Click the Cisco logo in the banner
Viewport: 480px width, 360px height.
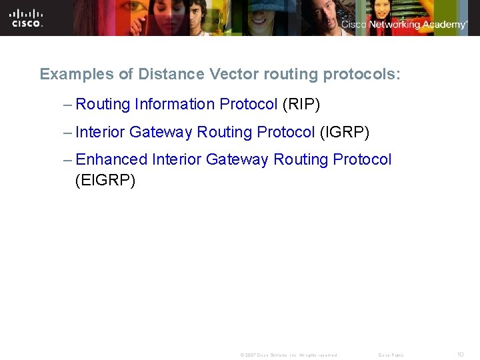click(27, 18)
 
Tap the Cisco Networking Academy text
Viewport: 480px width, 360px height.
click(404, 25)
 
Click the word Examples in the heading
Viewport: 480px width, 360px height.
click(77, 74)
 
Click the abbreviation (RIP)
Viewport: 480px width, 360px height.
click(301, 104)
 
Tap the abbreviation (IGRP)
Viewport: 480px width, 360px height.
click(344, 132)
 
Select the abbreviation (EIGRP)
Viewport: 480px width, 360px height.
click(105, 180)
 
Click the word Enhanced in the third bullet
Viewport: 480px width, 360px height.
click(111, 160)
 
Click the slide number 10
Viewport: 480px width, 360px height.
click(460, 355)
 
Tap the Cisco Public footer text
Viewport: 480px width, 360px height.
click(391, 355)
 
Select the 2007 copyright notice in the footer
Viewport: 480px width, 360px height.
click(288, 355)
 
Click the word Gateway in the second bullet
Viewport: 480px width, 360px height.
click(161, 132)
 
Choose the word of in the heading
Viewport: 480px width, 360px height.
click(126, 74)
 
